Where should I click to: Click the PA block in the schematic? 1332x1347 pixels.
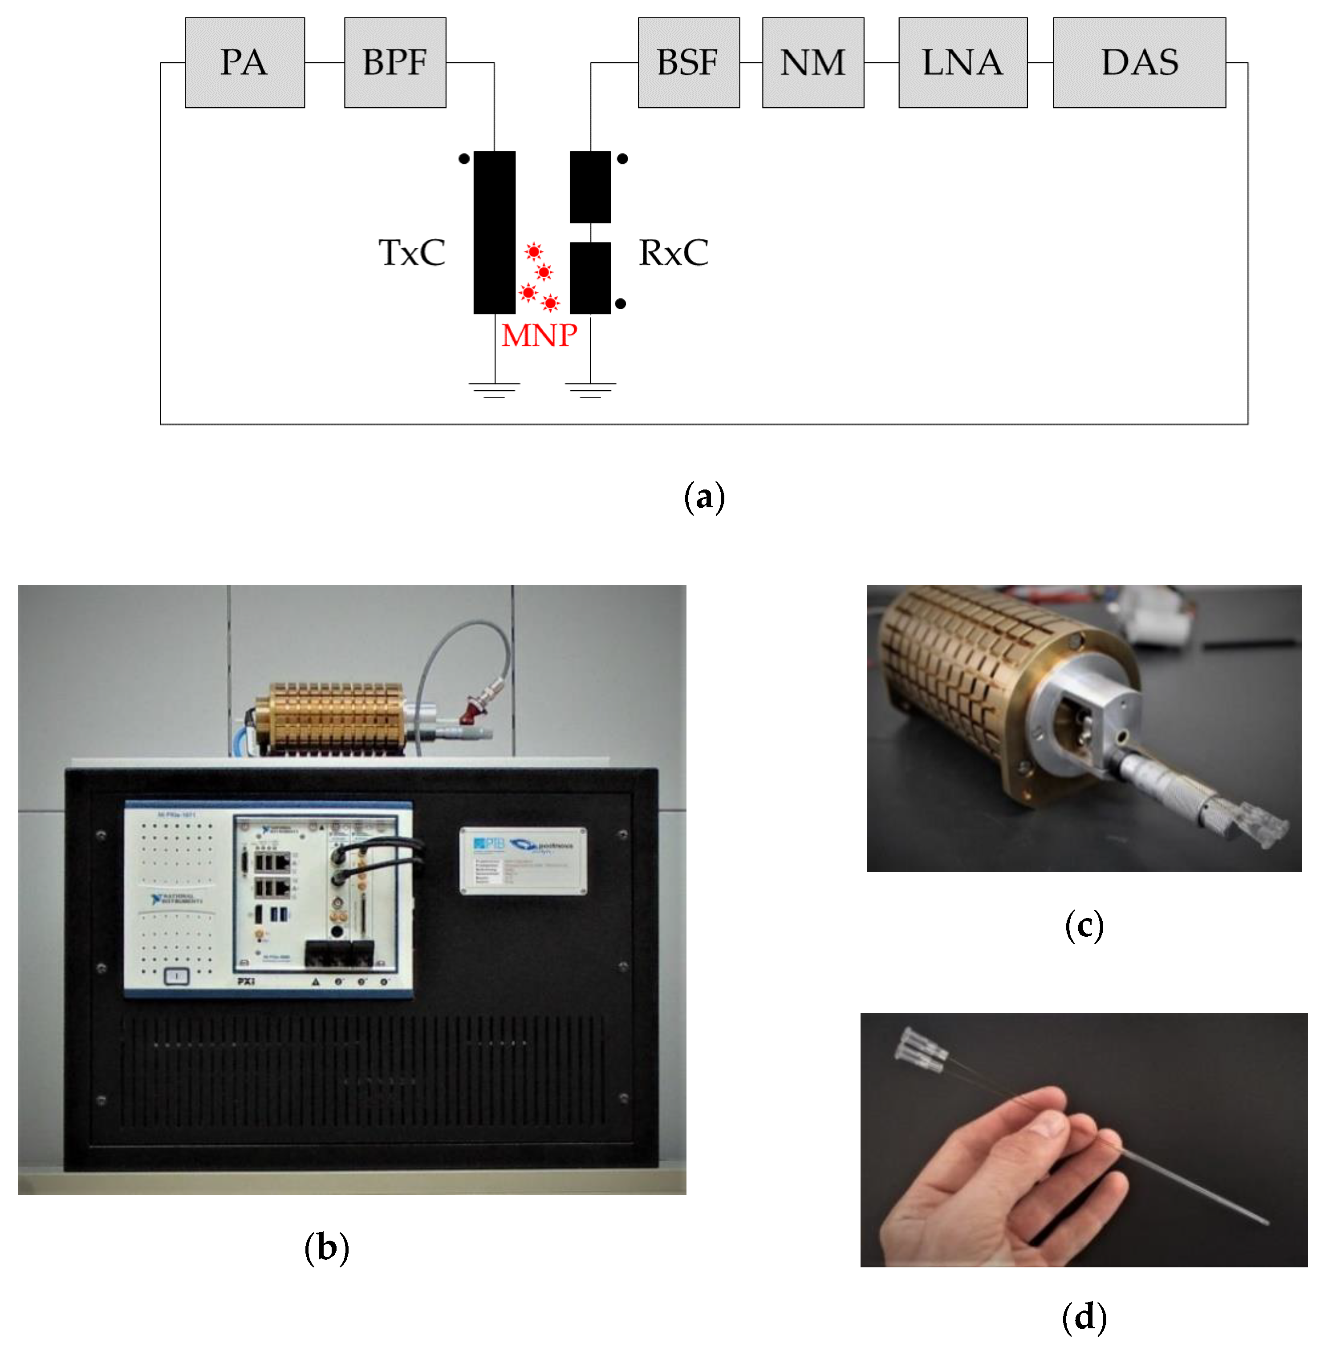point(244,63)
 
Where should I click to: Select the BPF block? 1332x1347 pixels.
point(395,63)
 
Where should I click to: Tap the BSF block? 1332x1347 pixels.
point(688,63)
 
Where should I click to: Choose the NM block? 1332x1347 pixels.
point(812,63)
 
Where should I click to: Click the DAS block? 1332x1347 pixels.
point(1138,63)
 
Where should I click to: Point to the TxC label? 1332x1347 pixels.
point(411,252)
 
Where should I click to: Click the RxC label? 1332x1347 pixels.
point(673,252)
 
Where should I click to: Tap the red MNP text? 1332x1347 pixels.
point(538,336)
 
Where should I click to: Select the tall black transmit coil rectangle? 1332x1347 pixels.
point(494,232)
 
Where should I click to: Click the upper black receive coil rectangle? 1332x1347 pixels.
point(590,187)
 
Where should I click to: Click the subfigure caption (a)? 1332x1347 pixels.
point(704,497)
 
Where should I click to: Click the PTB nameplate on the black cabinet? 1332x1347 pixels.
point(523,860)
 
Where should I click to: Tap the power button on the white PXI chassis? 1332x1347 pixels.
point(176,976)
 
